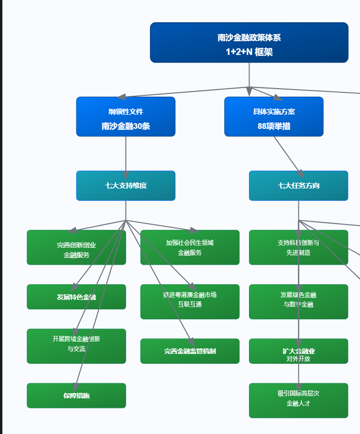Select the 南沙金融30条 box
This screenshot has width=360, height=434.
click(126, 126)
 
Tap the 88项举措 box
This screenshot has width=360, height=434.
click(274, 126)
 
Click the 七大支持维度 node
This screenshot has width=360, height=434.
click(126, 186)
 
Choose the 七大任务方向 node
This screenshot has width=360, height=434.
click(298, 186)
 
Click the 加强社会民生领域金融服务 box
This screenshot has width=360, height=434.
click(190, 247)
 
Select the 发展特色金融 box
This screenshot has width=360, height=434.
click(76, 297)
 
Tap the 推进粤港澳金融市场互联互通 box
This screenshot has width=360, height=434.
click(190, 302)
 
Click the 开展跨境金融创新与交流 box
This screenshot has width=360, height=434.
click(76, 346)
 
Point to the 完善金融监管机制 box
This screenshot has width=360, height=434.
click(190, 351)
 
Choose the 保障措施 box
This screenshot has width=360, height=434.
click(76, 396)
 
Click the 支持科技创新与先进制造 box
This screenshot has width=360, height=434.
click(298, 247)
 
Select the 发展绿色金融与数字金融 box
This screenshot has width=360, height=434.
click(298, 302)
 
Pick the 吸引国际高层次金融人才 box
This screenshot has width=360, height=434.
click(298, 400)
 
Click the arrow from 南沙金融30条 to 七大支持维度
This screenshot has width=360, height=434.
click(126, 154)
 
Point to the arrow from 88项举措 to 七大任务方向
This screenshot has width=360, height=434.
click(286, 154)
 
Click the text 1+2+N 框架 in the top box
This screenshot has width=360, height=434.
click(249, 52)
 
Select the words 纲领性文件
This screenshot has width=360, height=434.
click(126, 112)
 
